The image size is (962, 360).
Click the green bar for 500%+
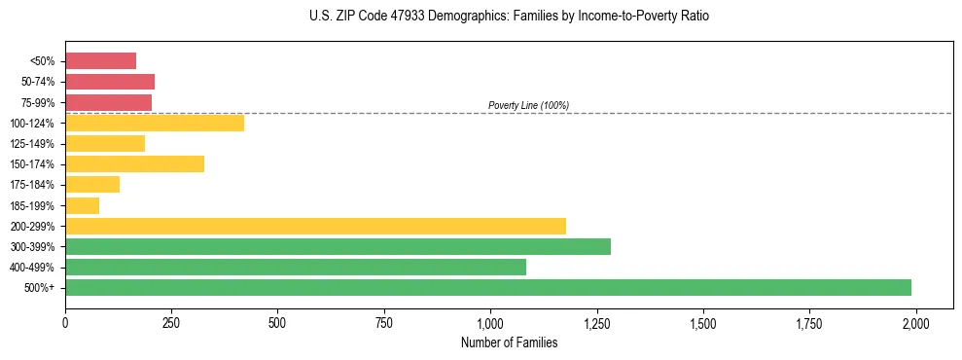(488, 287)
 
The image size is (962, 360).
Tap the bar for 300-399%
(338, 246)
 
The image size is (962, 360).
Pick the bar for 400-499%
(296, 267)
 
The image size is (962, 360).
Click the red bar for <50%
(100, 61)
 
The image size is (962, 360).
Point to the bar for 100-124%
(155, 123)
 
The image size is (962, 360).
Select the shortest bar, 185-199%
(83, 205)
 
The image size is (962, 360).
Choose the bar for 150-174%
(134, 163)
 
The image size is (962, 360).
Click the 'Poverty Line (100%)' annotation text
(528, 105)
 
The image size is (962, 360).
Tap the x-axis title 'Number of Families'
(509, 342)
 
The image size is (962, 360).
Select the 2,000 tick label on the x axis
(915, 323)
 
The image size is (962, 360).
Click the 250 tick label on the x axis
(171, 323)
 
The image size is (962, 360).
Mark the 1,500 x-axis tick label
(702, 323)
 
